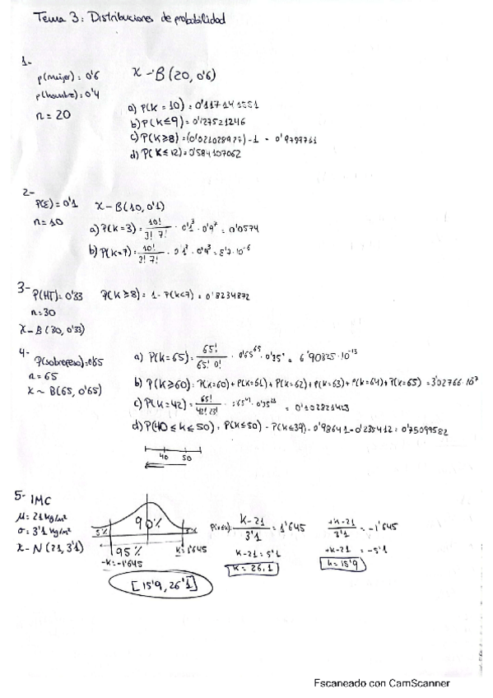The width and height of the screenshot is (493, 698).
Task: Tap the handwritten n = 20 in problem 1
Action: (x=54, y=115)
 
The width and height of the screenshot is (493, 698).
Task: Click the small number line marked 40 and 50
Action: (x=170, y=456)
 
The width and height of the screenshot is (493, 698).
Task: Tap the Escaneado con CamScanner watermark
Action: (x=381, y=682)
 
